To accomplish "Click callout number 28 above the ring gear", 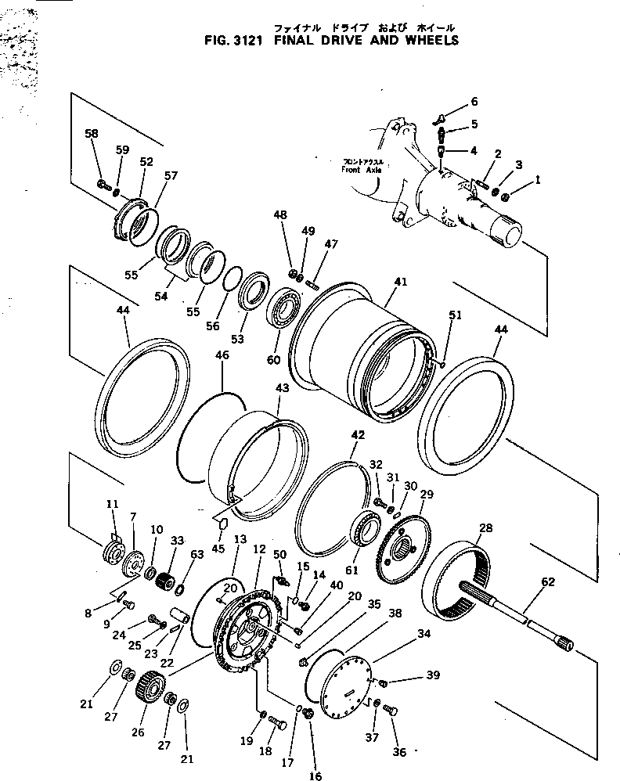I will [x=486, y=529].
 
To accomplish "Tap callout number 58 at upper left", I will [x=92, y=134].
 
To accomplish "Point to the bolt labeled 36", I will [x=391, y=710].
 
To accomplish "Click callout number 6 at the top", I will [x=473, y=102].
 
